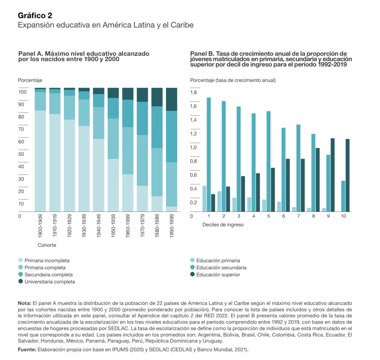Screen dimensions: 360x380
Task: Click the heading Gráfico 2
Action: pos(35,15)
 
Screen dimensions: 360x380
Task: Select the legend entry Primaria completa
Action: pos(45,268)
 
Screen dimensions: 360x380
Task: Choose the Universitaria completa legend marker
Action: pos(20,282)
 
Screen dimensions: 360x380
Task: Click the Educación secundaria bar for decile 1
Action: pos(209,154)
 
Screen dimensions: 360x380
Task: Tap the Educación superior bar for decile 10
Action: pos(348,175)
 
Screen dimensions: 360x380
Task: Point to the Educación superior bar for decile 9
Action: pos(333,175)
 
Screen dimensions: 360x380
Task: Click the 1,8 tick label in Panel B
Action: pos(194,93)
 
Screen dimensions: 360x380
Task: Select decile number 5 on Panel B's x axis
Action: pos(268,216)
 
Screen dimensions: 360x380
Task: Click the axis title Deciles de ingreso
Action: pos(223,225)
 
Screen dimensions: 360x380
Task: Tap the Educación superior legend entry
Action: pos(218,275)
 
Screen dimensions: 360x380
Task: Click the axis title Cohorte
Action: pos(47,245)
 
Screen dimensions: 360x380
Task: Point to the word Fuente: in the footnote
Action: pos(27,350)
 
